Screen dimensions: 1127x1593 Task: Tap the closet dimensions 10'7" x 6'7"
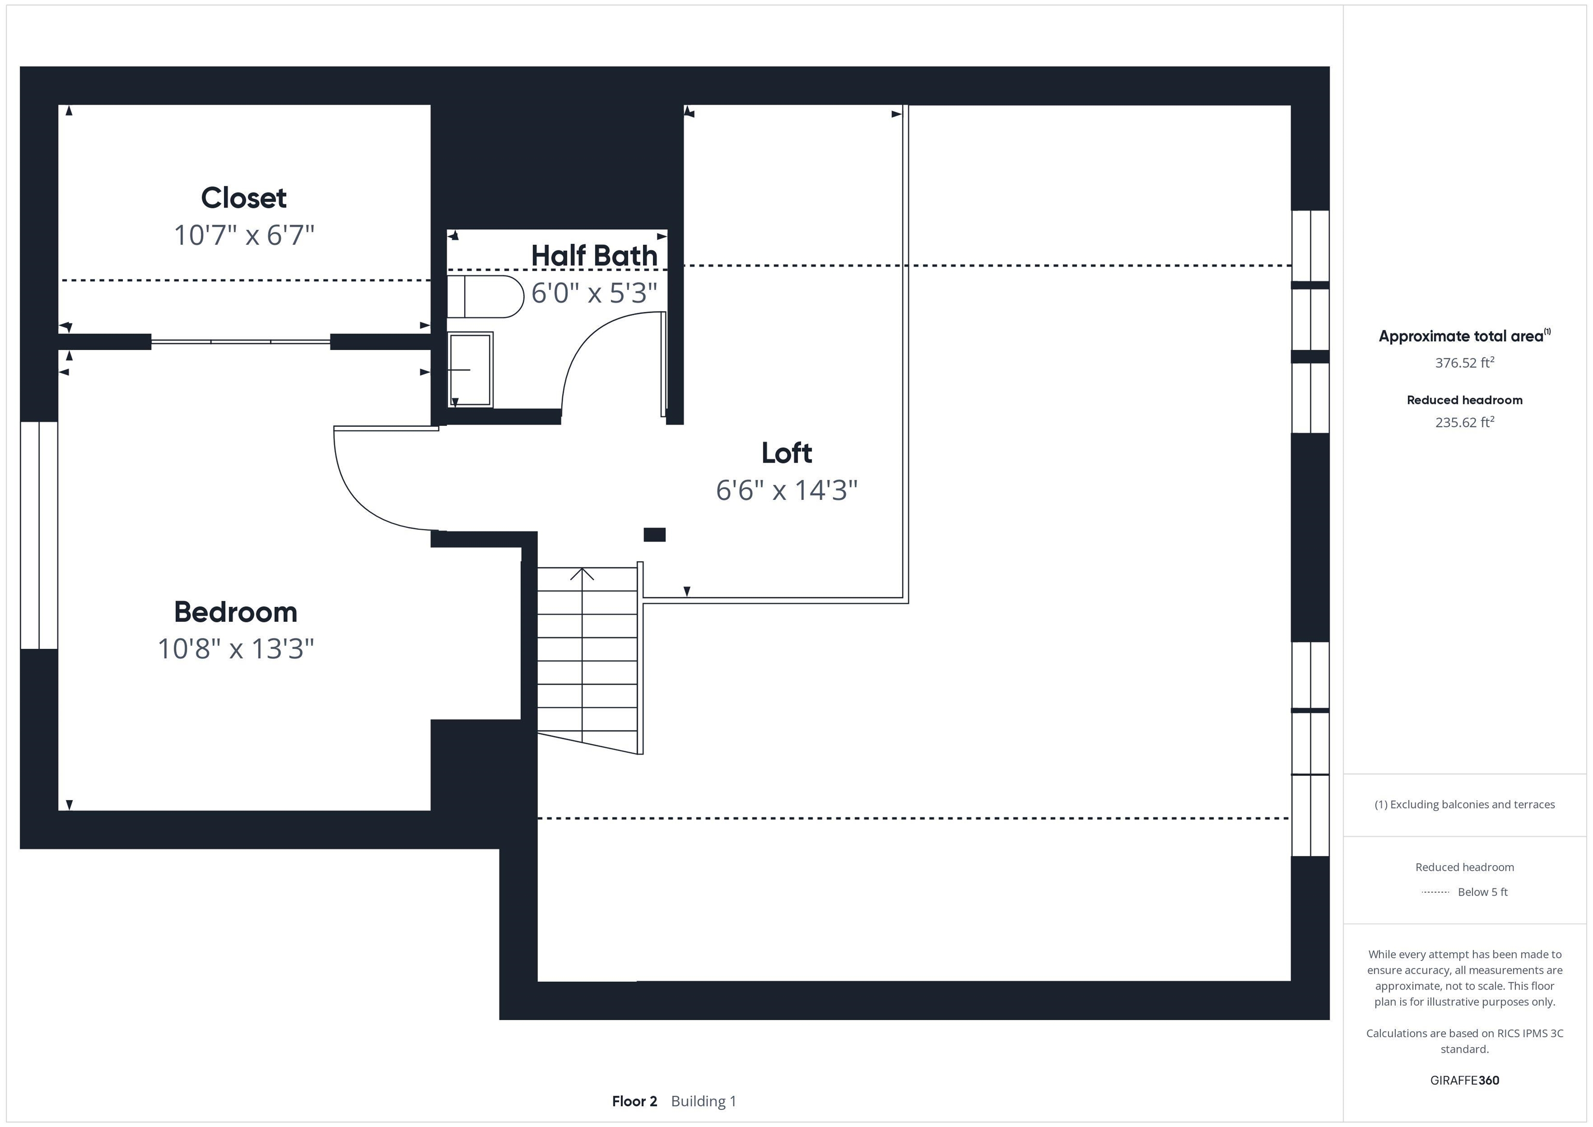tap(244, 235)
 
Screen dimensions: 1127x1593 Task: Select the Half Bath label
tap(594, 255)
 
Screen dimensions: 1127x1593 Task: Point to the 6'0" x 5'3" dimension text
tap(594, 293)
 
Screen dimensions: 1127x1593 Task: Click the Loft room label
tap(786, 453)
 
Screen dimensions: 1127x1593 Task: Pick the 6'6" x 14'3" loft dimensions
tap(786, 490)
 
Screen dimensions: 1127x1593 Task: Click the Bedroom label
tap(235, 612)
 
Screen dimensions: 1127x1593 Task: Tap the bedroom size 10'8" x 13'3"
tap(235, 649)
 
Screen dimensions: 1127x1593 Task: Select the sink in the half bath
tap(470, 369)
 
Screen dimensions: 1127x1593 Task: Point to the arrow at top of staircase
tap(582, 575)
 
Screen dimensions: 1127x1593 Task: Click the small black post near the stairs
tap(654, 534)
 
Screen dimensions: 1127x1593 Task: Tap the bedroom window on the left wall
tap(39, 535)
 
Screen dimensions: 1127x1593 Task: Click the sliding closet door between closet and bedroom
tap(241, 341)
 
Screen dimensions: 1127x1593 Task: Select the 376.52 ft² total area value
tap(1464, 362)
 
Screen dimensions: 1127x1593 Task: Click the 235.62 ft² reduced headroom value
tap(1464, 422)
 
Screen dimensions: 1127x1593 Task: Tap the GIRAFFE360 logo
tap(1464, 1080)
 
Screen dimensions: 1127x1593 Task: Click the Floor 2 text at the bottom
tap(634, 1101)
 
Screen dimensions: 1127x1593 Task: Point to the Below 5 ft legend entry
tap(1482, 892)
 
